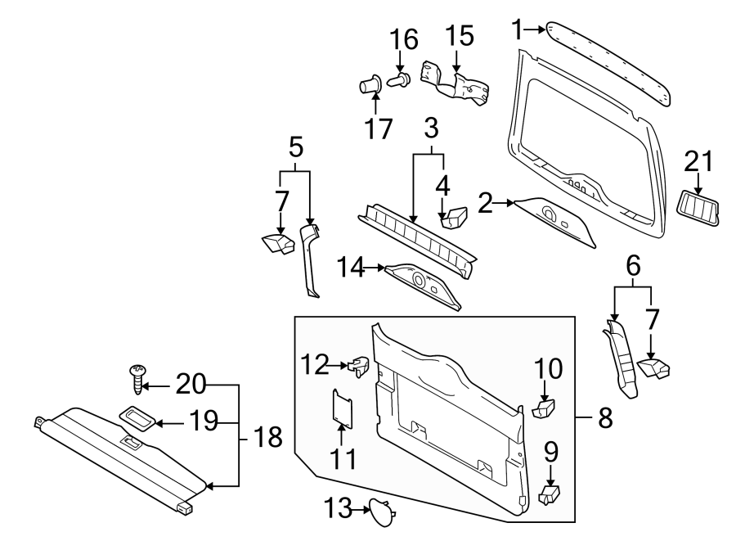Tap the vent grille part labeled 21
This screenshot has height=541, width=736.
pyautogui.click(x=699, y=209)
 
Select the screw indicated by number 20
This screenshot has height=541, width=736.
pyautogui.click(x=137, y=380)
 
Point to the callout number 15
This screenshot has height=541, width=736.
pyautogui.click(x=459, y=36)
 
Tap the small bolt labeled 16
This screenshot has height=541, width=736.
pyautogui.click(x=401, y=80)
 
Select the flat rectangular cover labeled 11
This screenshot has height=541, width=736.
pyautogui.click(x=342, y=407)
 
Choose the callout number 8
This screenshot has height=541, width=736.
pyautogui.click(x=604, y=418)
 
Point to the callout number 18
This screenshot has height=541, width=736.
pyautogui.click(x=265, y=438)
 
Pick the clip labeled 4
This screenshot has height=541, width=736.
pyautogui.click(x=452, y=217)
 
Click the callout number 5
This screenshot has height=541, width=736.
pyautogui.click(x=295, y=147)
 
